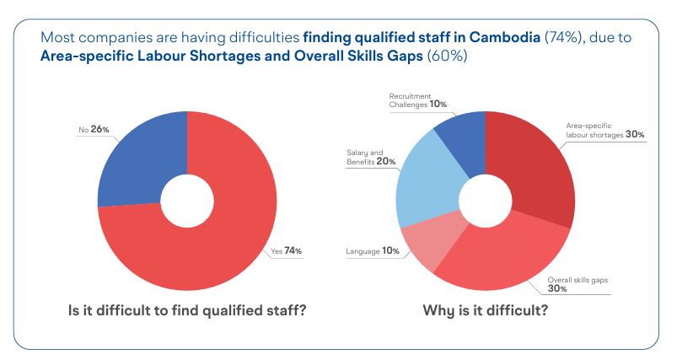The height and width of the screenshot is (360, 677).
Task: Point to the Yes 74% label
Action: pyautogui.click(x=285, y=250)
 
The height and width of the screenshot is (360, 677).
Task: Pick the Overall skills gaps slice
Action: pyautogui.click(x=497, y=253)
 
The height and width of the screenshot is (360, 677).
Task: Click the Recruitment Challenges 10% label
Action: pyautogui.click(x=417, y=100)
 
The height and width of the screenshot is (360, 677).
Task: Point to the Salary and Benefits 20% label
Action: pyautogui.click(x=371, y=158)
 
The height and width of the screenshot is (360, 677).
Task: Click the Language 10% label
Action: pyautogui.click(x=372, y=251)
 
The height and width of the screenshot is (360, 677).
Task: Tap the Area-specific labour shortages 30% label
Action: pyautogui.click(x=605, y=132)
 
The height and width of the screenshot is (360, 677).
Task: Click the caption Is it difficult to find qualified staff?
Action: pyautogui.click(x=186, y=310)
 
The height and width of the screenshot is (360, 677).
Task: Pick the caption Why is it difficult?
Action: pyautogui.click(x=485, y=310)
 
